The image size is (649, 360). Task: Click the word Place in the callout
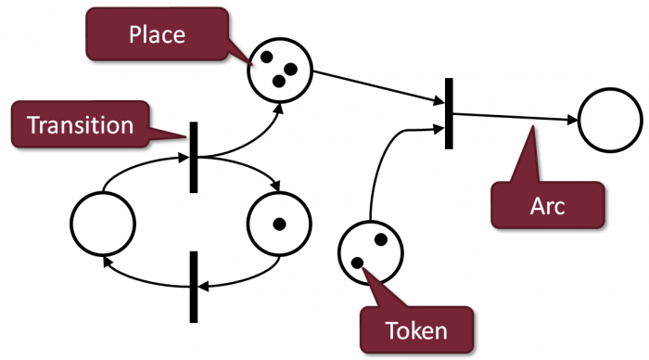pos(157,34)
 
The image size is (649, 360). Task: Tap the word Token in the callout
pos(416,330)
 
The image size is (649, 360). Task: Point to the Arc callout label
pos(549,205)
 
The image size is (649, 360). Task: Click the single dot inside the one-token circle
pos(279,224)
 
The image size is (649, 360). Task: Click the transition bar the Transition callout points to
pos(194,156)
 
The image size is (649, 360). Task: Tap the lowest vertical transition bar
pos(194,286)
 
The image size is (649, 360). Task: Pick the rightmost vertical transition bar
pos(449,112)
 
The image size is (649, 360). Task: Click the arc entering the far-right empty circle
pos(519,118)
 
